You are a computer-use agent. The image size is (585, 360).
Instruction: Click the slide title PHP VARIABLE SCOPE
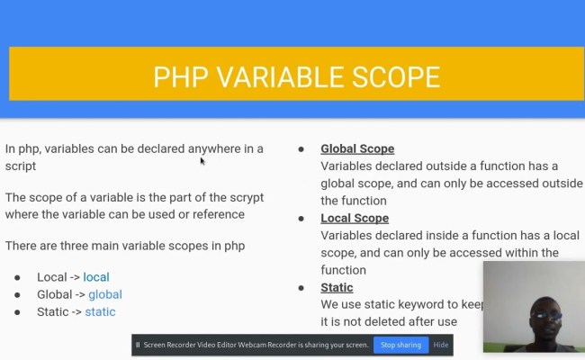coord(296,76)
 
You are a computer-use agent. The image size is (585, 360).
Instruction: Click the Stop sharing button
coord(400,345)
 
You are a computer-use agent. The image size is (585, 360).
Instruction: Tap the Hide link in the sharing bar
coord(441,345)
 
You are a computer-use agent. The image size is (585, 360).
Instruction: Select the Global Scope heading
coord(357,148)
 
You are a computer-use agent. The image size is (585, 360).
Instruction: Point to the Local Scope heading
coord(355,218)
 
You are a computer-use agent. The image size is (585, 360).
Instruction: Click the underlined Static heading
coord(337,287)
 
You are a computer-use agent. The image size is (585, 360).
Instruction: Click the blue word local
coord(96,276)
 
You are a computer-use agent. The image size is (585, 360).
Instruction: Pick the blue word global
coord(104,294)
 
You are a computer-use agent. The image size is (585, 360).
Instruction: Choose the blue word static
coord(100,312)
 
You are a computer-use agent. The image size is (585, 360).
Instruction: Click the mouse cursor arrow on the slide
coord(202,160)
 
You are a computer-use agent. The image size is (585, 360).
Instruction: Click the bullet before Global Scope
coord(301,148)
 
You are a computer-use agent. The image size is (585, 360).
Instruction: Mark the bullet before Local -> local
coord(17,277)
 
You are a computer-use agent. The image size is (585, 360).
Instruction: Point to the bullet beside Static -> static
coord(17,312)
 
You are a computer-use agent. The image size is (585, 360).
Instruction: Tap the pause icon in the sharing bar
coord(138,345)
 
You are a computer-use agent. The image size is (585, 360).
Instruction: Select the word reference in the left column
coord(214,214)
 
